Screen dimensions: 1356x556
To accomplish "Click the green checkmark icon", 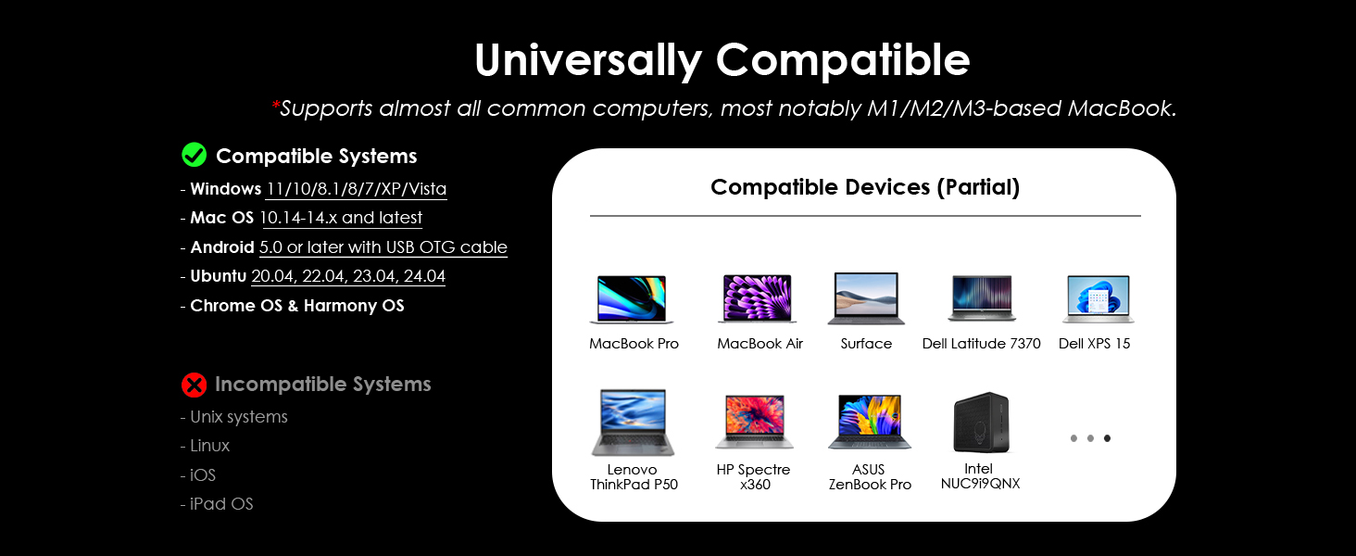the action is pos(194,155).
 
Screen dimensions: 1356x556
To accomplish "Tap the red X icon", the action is pos(194,385).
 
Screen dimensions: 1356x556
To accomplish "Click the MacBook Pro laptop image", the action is pos(632,299).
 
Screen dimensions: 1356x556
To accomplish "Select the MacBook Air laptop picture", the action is pos(758,298).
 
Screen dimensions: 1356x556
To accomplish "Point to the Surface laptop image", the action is pos(866,298).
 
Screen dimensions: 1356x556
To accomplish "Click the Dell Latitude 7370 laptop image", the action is pos(981,298).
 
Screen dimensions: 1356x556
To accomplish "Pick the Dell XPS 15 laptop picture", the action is pos(1099,299).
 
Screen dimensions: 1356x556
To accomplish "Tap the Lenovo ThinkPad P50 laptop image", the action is pos(633,423).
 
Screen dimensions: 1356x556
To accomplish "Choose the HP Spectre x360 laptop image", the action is pos(754,422).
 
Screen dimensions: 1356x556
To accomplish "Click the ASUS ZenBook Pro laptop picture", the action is pos(870,422).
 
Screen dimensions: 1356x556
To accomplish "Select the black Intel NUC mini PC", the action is pos(981,423).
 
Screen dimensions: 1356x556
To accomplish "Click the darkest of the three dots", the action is pos(1107,438).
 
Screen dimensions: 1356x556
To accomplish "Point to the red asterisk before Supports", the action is pos(275,106).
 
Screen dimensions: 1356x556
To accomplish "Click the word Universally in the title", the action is pos(588,60).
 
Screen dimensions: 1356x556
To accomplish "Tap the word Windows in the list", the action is pos(226,189).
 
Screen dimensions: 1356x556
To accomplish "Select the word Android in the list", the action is pos(222,247).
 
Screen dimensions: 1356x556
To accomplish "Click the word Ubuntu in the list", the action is pos(219,276).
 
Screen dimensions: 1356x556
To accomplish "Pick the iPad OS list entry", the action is pos(221,504).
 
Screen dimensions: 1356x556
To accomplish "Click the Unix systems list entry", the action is pos(239,417).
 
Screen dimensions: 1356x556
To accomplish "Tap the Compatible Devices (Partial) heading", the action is pos(865,187).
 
